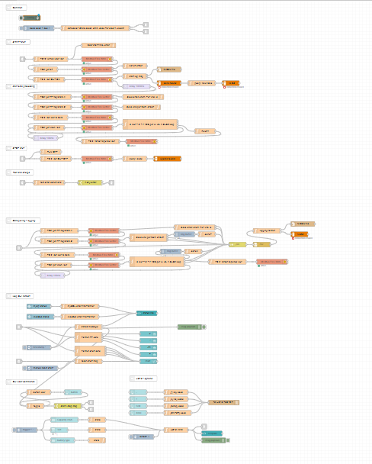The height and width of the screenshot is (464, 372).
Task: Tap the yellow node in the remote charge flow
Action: [89, 183]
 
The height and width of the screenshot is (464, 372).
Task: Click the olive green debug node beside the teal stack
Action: [188, 327]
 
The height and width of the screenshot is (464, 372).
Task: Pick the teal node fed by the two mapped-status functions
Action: [147, 313]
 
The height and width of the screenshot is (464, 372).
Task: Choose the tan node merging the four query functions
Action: [223, 401]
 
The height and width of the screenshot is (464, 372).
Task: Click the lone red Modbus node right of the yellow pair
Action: [272, 261]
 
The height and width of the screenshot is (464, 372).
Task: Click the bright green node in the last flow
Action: [213, 440]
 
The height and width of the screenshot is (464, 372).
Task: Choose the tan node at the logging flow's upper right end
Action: [303, 224]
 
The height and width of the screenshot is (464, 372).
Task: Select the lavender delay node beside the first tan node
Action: [134, 86]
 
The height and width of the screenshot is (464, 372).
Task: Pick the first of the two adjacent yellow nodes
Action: [238, 244]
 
